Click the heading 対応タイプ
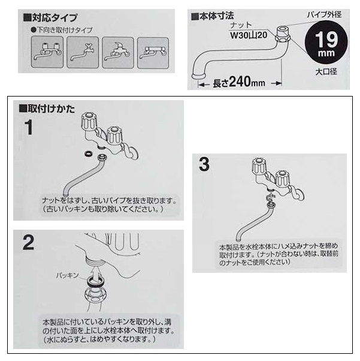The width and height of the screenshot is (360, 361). (x=50, y=18)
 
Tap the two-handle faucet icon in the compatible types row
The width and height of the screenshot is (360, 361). (x=47, y=52)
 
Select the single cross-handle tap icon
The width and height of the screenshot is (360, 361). (x=83, y=52)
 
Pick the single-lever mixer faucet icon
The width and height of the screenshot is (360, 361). (x=118, y=53)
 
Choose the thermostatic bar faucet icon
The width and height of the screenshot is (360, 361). (x=153, y=53)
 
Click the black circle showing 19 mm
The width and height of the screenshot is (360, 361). (x=326, y=43)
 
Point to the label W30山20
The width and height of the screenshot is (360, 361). (x=249, y=35)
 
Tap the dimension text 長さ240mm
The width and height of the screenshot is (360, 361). (x=239, y=82)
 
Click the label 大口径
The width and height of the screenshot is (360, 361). (x=326, y=72)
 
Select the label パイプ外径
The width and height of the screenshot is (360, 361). (x=324, y=15)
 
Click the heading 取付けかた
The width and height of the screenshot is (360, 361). (x=47, y=109)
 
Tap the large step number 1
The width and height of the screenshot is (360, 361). (x=29, y=127)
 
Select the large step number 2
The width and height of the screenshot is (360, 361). (x=29, y=242)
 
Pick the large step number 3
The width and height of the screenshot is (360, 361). (x=204, y=164)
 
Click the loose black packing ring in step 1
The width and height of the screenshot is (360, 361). (x=88, y=154)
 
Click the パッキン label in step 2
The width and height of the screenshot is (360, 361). (x=68, y=275)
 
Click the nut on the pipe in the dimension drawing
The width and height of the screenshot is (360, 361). (x=283, y=37)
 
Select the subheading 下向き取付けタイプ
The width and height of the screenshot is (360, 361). (x=62, y=30)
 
